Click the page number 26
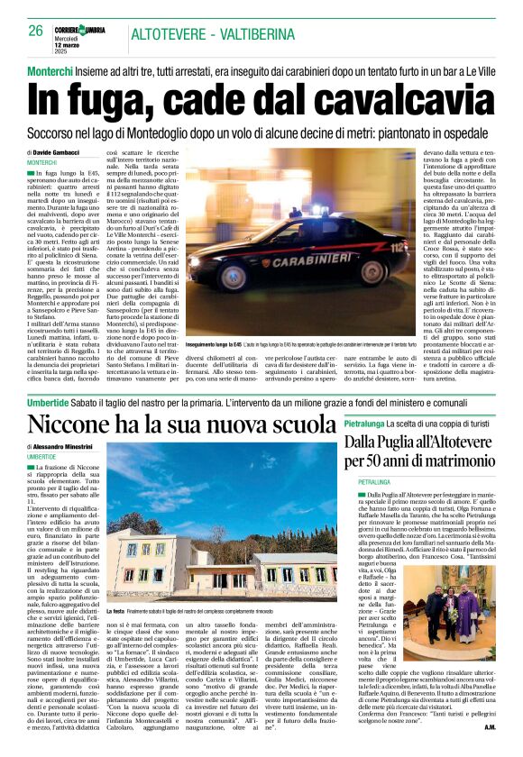[35, 30]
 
